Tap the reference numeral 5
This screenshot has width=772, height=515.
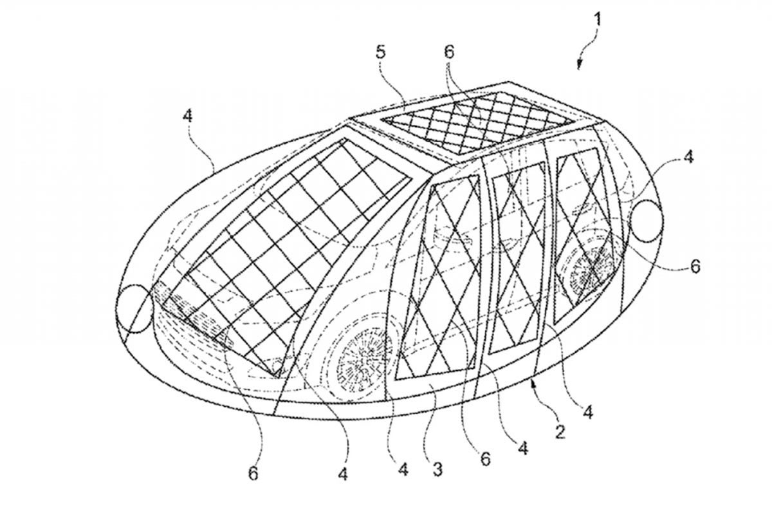click(x=380, y=53)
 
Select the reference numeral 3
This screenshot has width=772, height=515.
click(x=437, y=469)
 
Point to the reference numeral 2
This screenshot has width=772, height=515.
click(x=560, y=431)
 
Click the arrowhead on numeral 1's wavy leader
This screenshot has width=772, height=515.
click(x=579, y=66)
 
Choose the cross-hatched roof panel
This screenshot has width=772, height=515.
click(x=477, y=123)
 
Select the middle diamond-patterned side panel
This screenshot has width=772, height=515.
click(x=518, y=258)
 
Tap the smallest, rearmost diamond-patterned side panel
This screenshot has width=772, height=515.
click(x=582, y=236)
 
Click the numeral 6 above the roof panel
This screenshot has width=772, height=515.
click(x=449, y=52)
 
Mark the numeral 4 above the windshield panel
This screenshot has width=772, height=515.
click(x=187, y=116)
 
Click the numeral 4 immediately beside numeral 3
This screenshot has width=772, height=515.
click(x=403, y=469)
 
